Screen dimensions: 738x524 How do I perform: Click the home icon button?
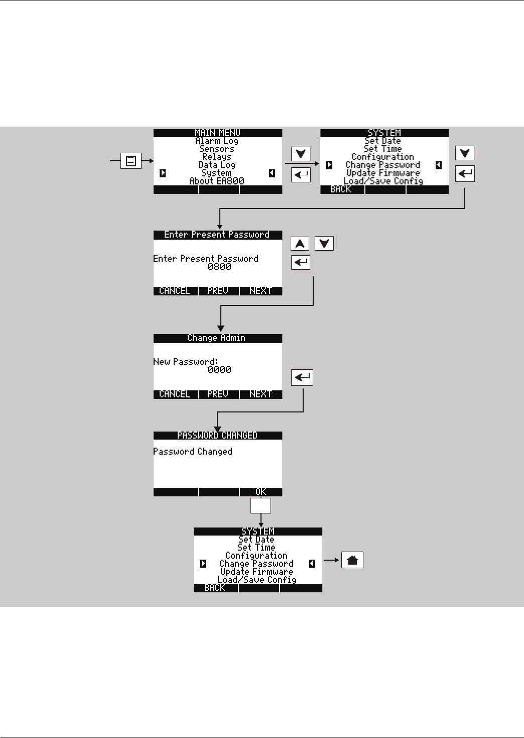point(352,560)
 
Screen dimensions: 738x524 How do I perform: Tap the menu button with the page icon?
point(131,161)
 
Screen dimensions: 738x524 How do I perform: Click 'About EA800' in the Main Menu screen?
point(217,181)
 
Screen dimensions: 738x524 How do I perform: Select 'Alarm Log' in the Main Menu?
point(217,141)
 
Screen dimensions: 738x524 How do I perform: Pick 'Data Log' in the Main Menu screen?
point(217,165)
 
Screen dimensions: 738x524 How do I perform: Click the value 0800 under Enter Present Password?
point(219,267)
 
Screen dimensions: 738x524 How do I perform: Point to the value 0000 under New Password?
point(219,370)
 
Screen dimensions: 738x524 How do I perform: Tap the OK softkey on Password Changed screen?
point(260,492)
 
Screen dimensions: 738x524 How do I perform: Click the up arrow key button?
point(300,244)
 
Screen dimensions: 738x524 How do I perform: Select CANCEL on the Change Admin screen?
point(175,394)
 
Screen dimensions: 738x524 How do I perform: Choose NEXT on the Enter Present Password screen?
point(260,291)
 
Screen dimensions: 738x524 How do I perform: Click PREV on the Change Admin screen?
point(218,394)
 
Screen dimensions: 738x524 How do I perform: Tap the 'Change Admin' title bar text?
point(216,338)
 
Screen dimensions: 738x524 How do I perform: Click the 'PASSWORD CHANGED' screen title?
point(217,436)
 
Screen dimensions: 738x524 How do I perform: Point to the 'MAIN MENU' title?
point(217,133)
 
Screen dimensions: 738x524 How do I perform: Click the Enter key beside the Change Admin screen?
point(302,377)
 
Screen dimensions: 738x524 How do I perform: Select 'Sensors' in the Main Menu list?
point(217,149)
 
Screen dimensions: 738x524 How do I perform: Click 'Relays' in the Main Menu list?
point(217,157)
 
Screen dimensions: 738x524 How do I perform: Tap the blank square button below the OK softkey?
point(260,505)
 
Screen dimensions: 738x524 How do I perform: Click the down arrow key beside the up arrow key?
point(324,244)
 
